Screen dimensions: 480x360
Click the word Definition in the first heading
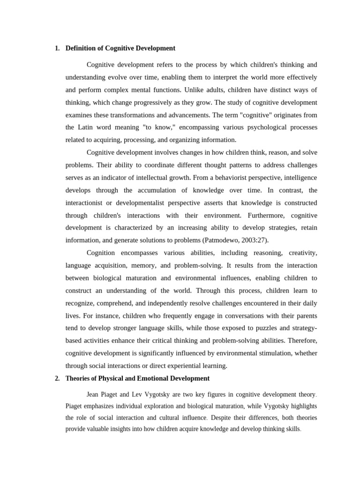81,48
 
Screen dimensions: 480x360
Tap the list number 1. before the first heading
57,48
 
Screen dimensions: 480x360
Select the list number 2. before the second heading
57,378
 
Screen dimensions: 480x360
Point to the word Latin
86,127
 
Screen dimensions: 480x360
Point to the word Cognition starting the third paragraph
101,253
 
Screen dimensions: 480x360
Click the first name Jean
94,395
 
